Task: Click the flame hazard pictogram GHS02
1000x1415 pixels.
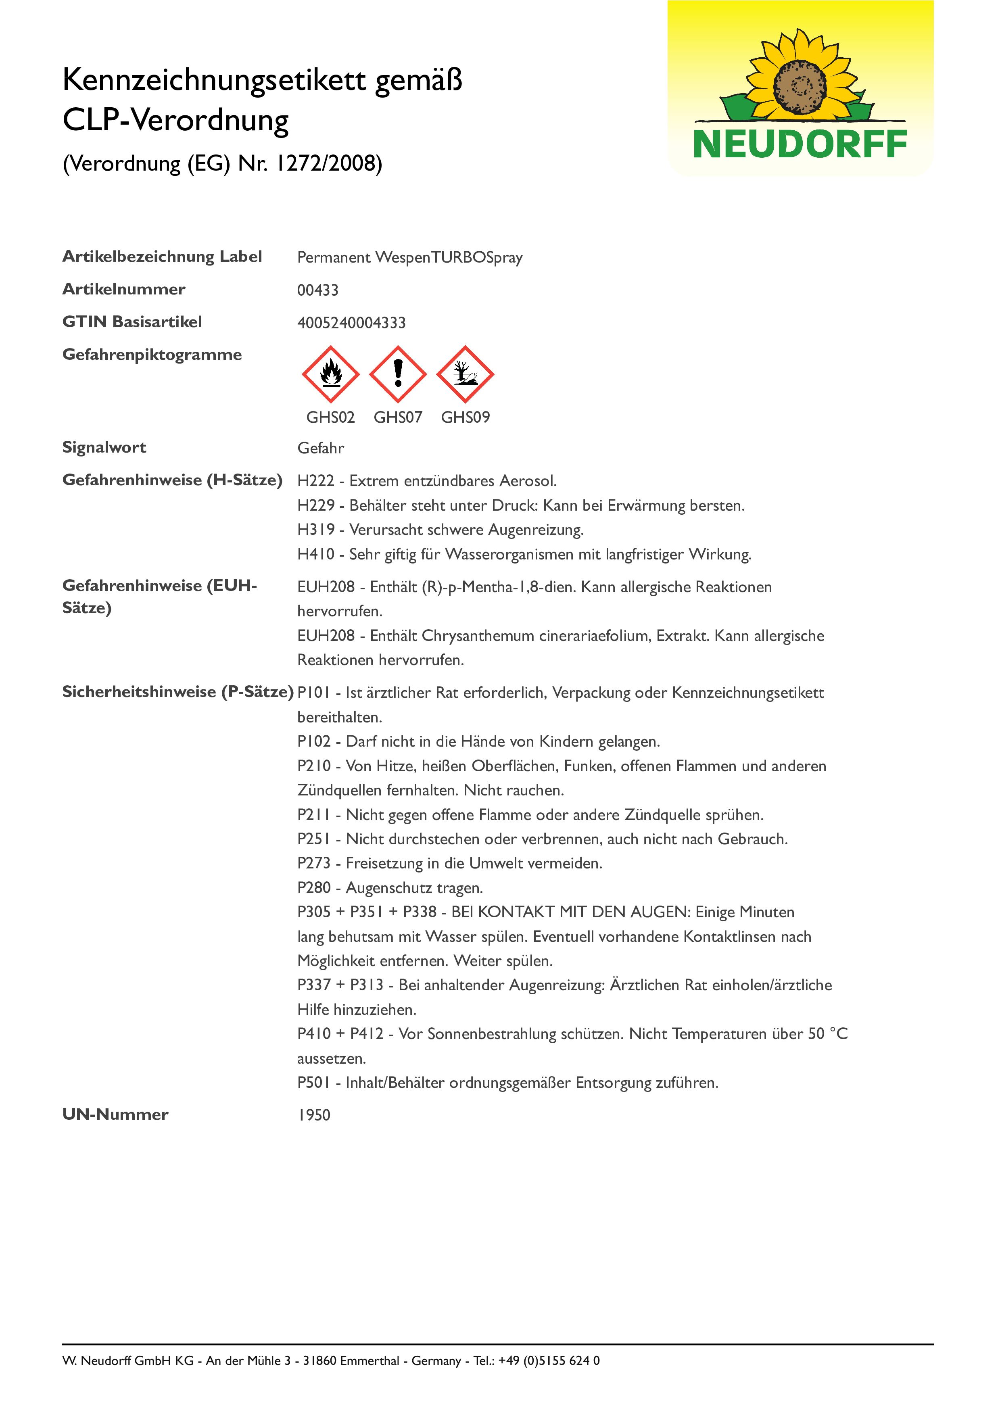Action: coord(330,374)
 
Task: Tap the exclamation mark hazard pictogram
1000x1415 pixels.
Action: coord(398,374)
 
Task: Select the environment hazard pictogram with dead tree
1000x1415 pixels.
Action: coord(465,374)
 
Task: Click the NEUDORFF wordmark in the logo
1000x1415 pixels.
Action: coord(800,145)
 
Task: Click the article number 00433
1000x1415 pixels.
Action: coord(318,290)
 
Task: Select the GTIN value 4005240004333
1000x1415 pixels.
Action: coord(351,323)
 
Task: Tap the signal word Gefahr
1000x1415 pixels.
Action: coord(320,448)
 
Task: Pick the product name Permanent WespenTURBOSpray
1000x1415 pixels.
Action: coord(410,258)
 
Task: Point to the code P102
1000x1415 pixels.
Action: coord(314,741)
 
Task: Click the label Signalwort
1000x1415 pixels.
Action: coord(104,447)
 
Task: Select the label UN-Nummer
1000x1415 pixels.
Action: coord(115,1114)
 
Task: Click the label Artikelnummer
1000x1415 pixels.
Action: coord(124,289)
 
